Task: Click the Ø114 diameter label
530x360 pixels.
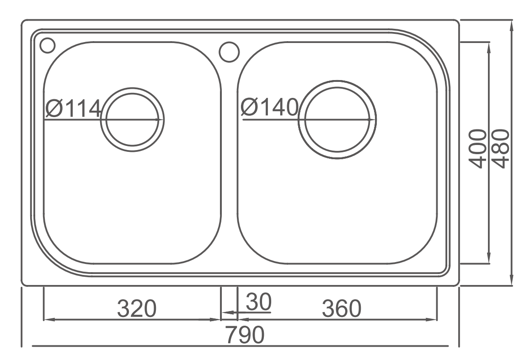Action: [73, 108]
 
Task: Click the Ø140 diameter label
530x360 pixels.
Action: [269, 107]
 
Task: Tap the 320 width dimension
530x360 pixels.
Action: [137, 308]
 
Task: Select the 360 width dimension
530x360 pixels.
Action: [342, 308]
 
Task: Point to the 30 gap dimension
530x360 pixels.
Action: [258, 302]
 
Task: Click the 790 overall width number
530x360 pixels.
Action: [245, 335]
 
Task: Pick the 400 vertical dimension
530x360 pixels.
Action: [478, 149]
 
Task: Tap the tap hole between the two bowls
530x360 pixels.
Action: [229, 52]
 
